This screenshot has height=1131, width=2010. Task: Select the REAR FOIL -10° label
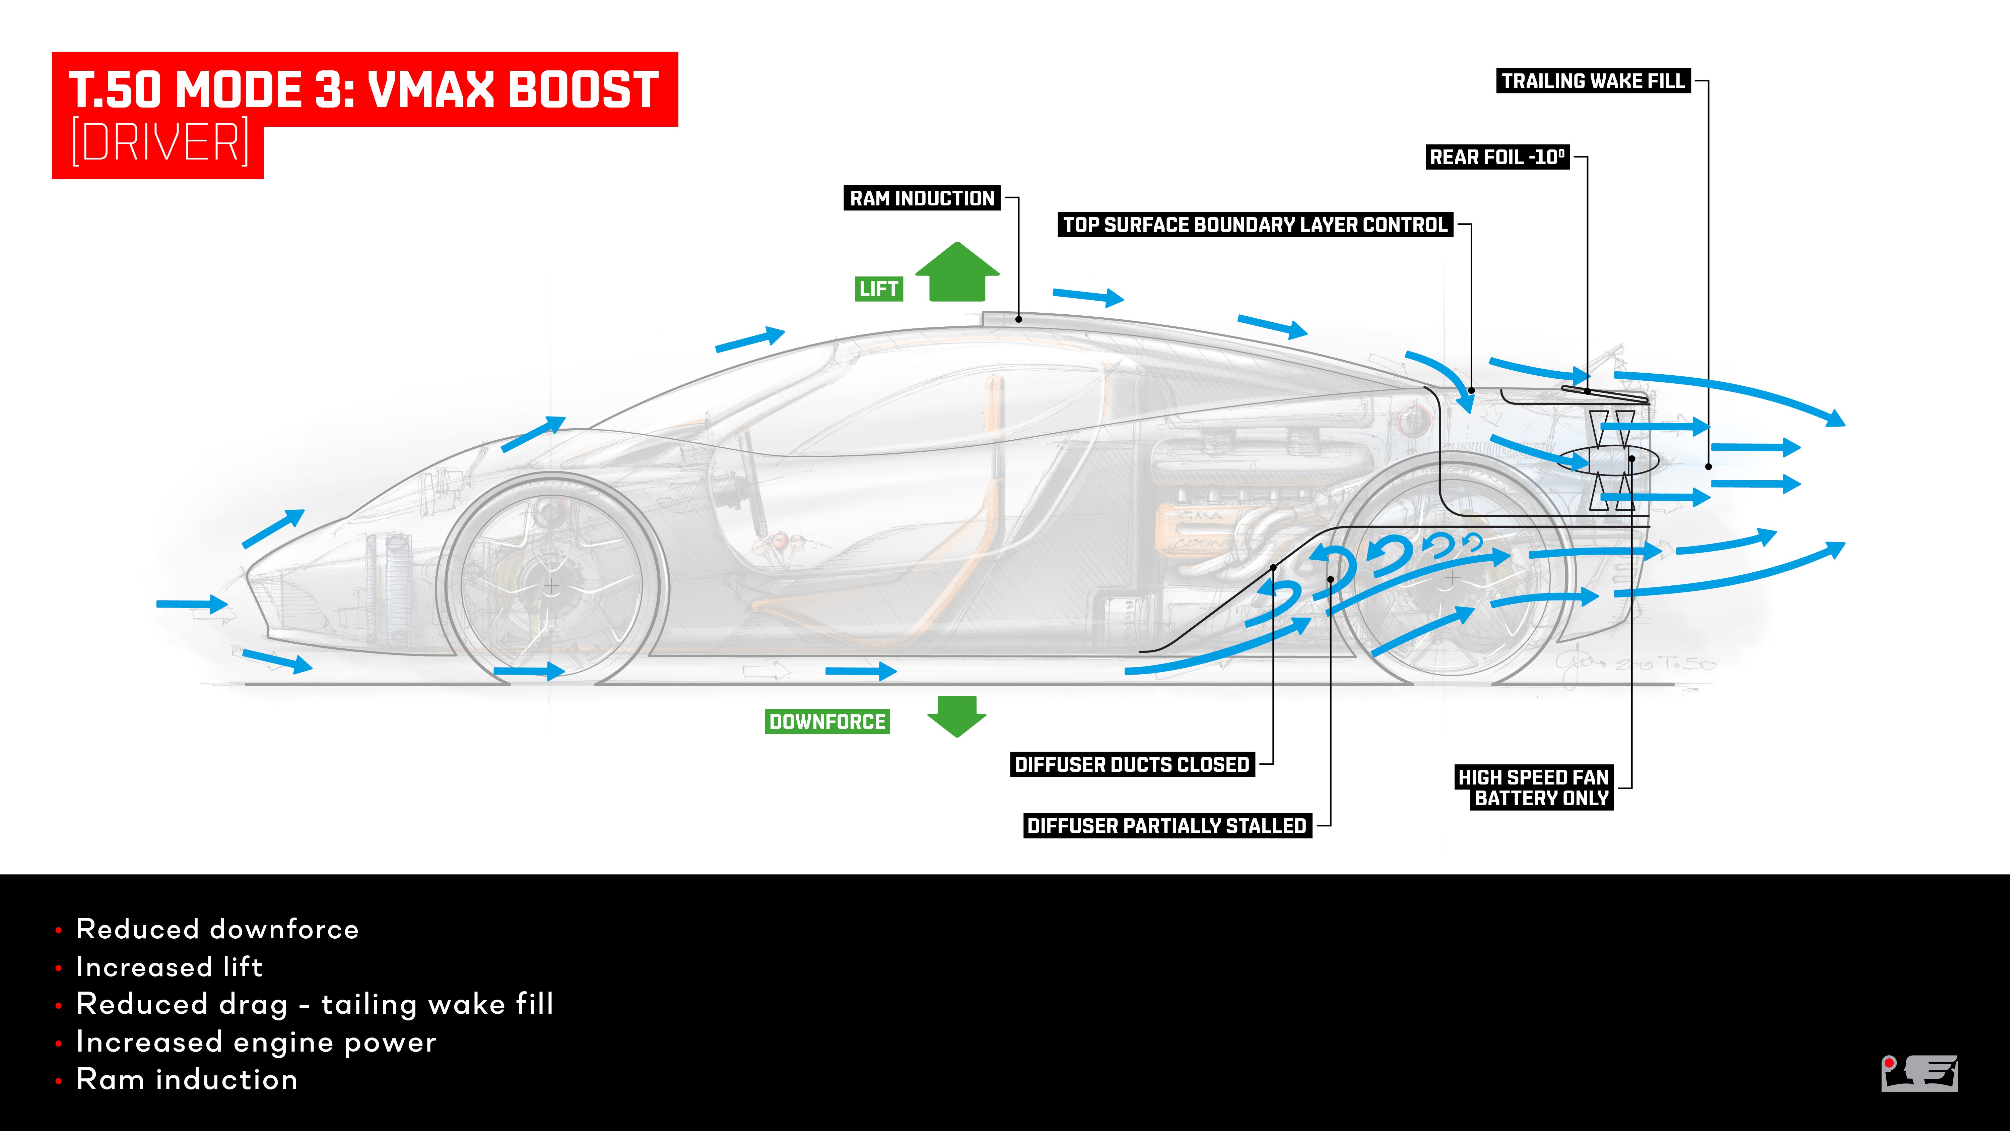(x=1496, y=157)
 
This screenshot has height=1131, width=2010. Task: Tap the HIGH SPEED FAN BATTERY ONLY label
(x=1533, y=788)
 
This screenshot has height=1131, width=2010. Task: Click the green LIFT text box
(x=879, y=289)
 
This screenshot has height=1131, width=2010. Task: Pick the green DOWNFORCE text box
(x=827, y=722)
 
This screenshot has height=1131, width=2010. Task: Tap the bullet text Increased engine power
(x=256, y=1042)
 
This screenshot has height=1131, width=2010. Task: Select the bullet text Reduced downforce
(x=217, y=929)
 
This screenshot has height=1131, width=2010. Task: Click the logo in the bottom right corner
(x=1920, y=1074)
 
